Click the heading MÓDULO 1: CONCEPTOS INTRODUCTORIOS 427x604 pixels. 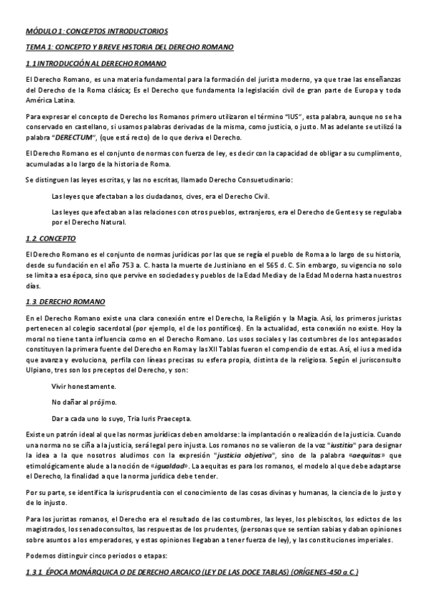(97, 31)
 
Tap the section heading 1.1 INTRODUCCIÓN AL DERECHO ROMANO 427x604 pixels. (96, 65)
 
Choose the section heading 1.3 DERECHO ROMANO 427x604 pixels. (65, 301)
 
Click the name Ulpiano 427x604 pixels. (40, 372)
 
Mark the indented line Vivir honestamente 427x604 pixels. (83, 386)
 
